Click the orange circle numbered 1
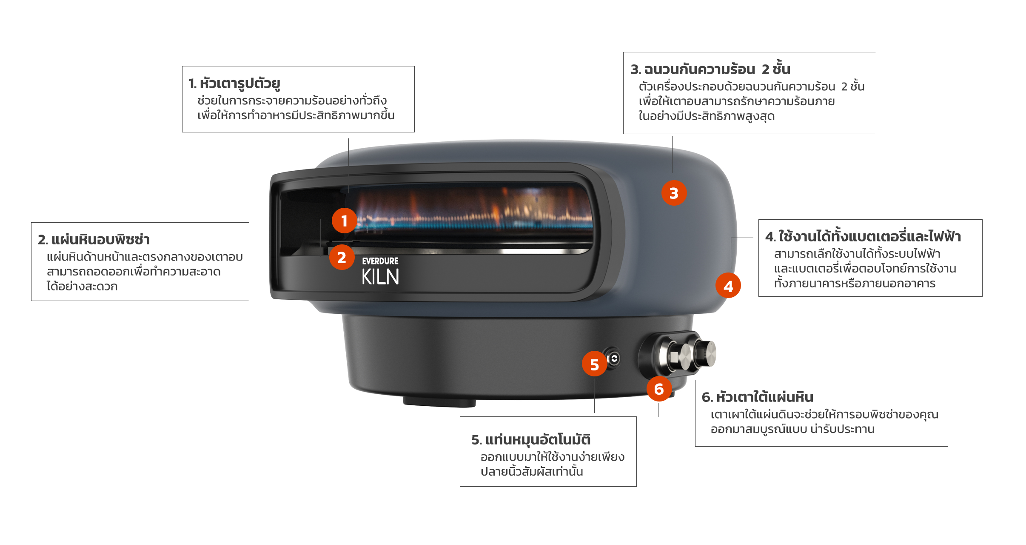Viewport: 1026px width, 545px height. (345, 221)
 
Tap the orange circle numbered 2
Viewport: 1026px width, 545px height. (342, 257)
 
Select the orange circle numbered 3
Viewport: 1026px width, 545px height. (674, 193)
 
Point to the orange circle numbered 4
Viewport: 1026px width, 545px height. (728, 286)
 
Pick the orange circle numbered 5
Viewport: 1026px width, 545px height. (595, 364)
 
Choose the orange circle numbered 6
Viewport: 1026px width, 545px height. (659, 389)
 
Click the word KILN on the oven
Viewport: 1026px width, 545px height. (380, 277)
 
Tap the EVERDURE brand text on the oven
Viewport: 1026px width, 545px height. (380, 261)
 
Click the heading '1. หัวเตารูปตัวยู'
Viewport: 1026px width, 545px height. (234, 83)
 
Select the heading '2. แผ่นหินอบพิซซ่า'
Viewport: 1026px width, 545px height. (94, 239)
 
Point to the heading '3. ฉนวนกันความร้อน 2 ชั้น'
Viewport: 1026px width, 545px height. (710, 69)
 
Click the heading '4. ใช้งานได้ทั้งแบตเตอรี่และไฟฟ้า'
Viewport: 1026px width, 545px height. (863, 236)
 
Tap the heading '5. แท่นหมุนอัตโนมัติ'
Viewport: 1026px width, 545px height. (531, 439)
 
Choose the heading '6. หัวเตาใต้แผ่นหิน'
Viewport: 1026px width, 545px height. (758, 397)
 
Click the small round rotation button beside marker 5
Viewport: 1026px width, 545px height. (614, 359)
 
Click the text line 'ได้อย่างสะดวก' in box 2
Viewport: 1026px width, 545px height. (82, 286)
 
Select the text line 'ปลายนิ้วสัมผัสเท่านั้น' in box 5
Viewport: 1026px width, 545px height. (532, 471)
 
